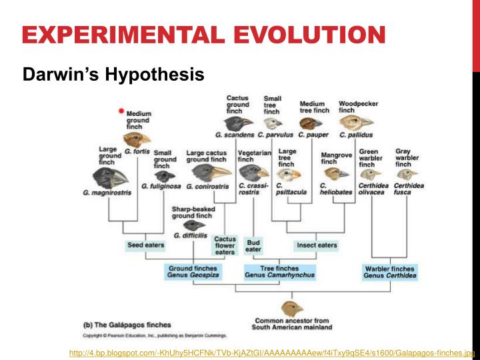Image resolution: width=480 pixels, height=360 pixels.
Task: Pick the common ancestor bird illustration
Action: point(291,309)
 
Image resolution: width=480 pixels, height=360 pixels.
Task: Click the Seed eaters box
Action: point(146,245)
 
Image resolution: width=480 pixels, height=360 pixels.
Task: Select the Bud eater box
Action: point(253,246)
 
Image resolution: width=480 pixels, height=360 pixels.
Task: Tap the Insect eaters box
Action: point(317,245)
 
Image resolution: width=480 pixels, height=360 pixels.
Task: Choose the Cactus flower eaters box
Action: point(225,245)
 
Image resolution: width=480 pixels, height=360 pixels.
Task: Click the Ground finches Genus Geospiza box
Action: point(193,271)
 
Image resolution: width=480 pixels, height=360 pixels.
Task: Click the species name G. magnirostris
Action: point(107,193)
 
